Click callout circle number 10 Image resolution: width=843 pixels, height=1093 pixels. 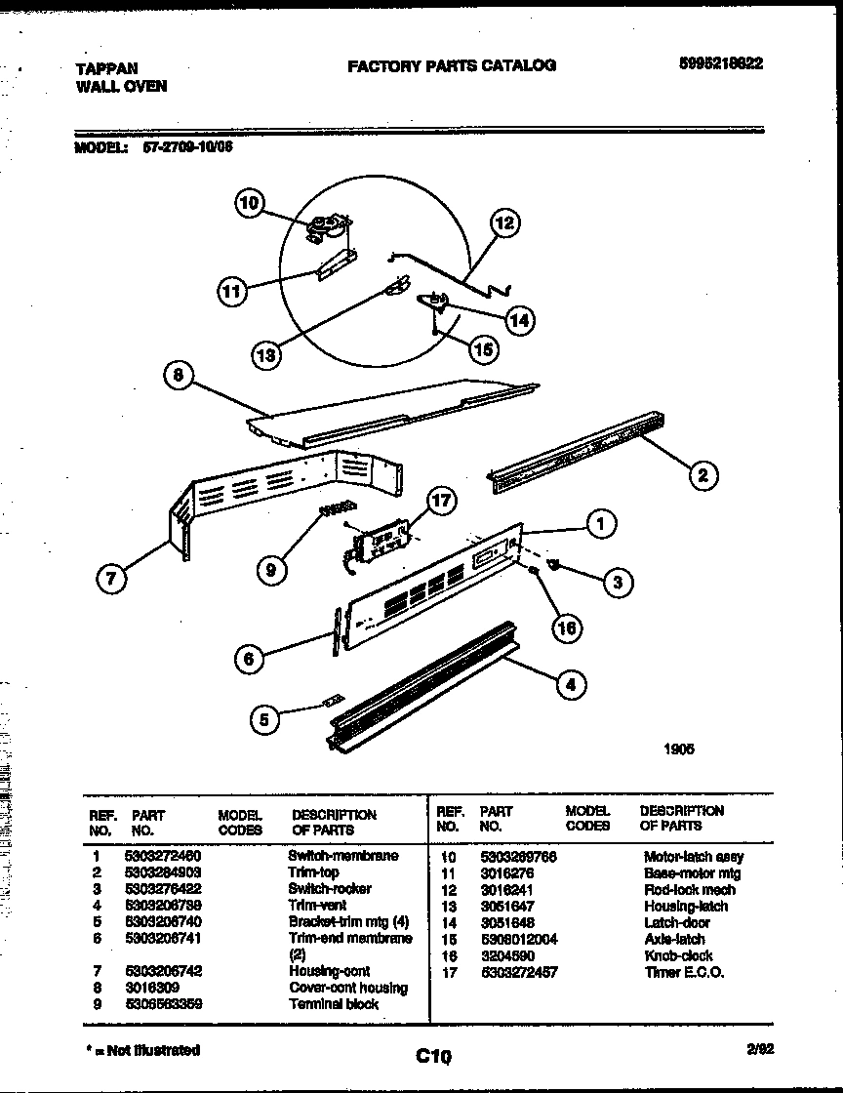250,203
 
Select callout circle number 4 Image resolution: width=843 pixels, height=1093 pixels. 571,685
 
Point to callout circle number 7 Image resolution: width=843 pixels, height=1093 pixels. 110,579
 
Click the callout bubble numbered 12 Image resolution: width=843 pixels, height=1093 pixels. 503,223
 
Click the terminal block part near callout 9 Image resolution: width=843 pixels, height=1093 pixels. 338,506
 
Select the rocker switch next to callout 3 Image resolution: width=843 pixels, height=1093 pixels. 555,565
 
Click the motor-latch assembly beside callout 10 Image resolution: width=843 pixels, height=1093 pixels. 325,230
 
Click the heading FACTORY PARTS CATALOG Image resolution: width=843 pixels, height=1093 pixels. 452,65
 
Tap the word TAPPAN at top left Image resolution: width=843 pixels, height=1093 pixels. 106,68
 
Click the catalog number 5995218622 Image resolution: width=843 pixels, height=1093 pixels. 721,62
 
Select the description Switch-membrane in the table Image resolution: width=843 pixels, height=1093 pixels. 342,856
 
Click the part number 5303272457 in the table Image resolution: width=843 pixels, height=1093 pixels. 520,972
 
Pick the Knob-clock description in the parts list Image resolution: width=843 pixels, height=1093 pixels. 678,955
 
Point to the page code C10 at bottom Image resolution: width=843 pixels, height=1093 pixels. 433,1055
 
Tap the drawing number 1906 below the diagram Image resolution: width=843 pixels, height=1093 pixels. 679,749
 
